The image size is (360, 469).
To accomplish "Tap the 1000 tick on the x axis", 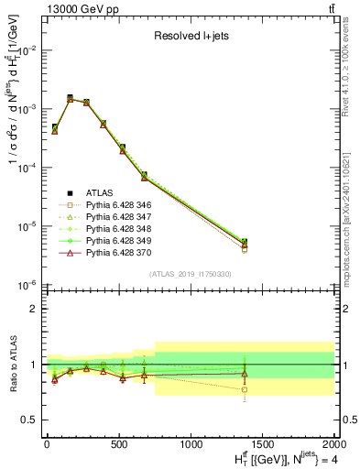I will coord(190,444).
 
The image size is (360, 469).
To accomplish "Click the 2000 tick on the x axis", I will coord(333,444).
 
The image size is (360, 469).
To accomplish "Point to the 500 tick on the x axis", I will coord(118,444).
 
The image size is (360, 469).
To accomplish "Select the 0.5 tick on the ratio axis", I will coord(32,420).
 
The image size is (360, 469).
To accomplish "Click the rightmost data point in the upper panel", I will coord(245,243).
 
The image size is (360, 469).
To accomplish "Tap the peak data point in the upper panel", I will coord(71,98).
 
